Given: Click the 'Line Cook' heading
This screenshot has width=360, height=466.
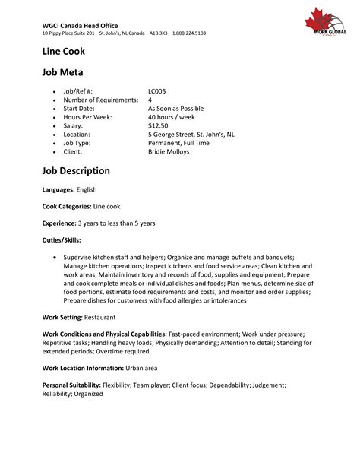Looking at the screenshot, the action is (x=63, y=52).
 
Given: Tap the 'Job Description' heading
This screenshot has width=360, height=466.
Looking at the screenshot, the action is (x=76, y=171).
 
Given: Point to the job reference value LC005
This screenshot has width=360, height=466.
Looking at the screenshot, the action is (x=157, y=91).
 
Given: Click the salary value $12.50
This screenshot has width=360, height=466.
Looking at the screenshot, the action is (x=158, y=125).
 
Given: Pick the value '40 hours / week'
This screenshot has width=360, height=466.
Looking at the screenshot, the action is (x=172, y=116).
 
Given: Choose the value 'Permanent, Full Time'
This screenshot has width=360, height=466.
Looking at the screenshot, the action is (x=178, y=143).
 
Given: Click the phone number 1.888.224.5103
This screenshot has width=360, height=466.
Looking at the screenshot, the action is (x=189, y=33).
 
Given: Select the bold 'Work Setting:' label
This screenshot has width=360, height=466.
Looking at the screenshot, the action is (x=62, y=315).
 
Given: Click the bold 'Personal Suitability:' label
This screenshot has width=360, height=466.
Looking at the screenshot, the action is (x=72, y=386).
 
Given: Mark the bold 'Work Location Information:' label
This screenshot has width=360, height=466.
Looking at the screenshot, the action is (x=83, y=368).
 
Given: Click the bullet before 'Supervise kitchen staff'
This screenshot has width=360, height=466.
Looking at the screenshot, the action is (x=55, y=258).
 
